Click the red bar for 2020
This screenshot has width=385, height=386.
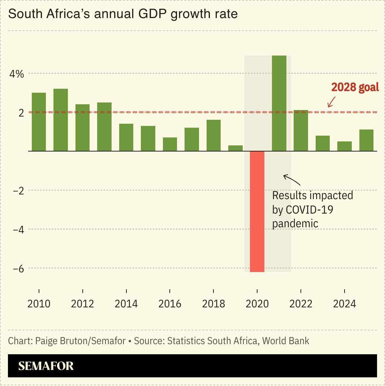pos(257,211)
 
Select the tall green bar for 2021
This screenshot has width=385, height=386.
pos(279,103)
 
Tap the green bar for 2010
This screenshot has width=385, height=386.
pos(39,122)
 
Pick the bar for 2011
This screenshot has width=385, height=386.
pos(61,120)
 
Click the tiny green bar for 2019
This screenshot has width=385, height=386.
pos(235,148)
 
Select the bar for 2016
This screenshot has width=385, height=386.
pos(170,144)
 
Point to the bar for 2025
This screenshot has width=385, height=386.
pos(366,140)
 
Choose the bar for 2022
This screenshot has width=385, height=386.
pos(301,131)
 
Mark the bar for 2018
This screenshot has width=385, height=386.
pos(213,135)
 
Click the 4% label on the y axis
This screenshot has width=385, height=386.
pos(17,74)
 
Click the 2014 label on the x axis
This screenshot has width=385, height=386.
pos(126,304)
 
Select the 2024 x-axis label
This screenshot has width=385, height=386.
pos(344,304)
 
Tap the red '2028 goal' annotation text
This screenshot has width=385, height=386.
pos(355,87)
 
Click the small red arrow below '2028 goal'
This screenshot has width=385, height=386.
pos(331,102)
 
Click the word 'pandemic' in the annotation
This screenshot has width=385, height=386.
pos(295,223)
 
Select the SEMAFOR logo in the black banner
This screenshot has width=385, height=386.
pos(46,366)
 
